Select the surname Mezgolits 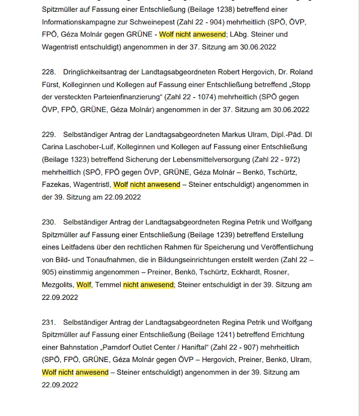(x=57, y=285)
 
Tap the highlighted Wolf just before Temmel (x=84, y=285)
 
